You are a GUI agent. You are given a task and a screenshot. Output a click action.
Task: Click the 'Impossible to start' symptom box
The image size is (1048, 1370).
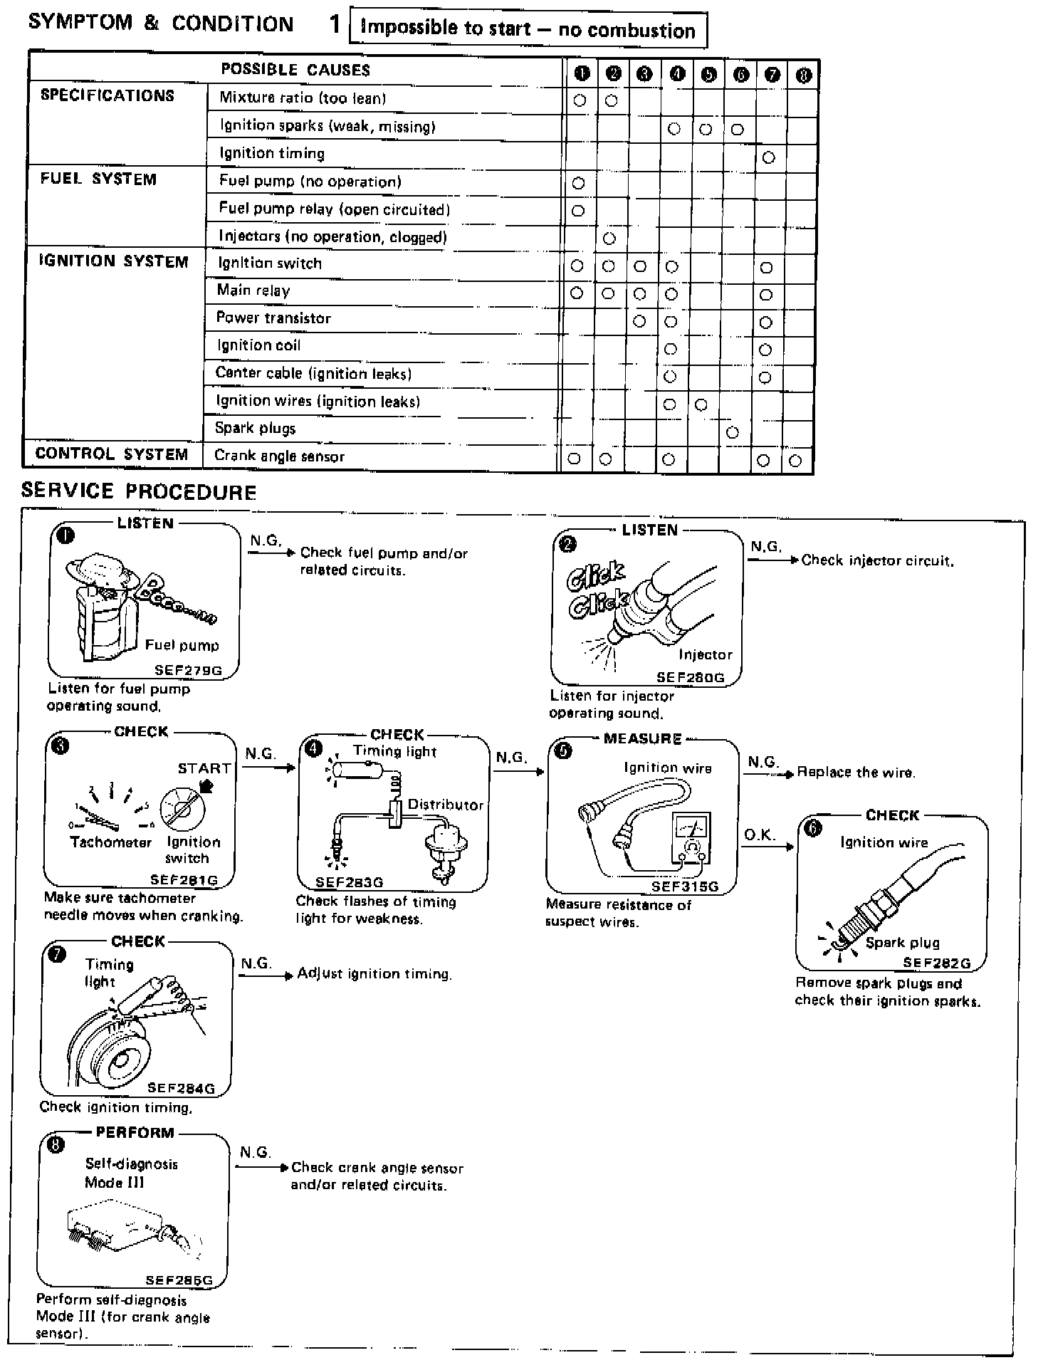tap(528, 29)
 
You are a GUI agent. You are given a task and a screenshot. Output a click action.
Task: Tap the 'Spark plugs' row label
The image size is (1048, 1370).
tap(255, 429)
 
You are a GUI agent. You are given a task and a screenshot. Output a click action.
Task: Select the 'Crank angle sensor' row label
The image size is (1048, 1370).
tap(279, 456)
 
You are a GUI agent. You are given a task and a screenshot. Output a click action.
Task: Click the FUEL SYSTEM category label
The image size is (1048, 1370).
tap(98, 179)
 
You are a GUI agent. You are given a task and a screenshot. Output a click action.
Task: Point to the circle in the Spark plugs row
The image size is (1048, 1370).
tap(733, 432)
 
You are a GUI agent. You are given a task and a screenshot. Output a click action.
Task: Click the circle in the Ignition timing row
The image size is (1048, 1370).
tap(768, 157)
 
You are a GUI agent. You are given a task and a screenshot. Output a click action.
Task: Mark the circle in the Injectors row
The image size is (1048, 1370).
tap(609, 239)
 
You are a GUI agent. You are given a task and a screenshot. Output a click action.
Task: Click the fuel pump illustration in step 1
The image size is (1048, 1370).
tap(107, 605)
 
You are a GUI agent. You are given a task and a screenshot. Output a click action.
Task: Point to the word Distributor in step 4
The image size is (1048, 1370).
tap(446, 805)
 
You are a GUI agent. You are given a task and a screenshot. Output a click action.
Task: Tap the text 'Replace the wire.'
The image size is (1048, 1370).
tap(856, 773)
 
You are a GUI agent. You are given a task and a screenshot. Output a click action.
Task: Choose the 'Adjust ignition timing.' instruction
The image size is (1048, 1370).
tap(374, 973)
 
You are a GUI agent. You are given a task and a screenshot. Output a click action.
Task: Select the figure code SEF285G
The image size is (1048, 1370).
tap(179, 1280)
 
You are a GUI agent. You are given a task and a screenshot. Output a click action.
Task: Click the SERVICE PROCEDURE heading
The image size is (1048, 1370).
tap(139, 492)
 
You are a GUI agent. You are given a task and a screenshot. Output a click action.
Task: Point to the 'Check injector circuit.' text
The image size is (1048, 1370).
tap(877, 560)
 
